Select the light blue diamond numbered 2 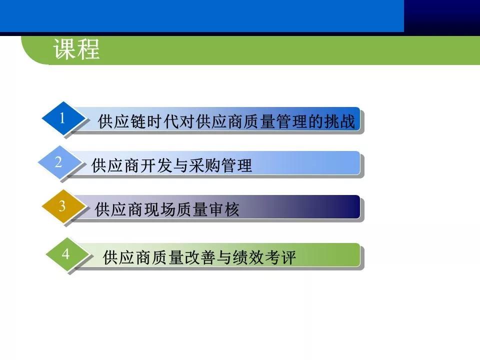[x=58, y=162]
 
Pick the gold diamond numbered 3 [x=62, y=206]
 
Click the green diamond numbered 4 [x=65, y=254]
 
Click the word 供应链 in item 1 [x=122, y=122]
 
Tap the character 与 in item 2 [x=180, y=165]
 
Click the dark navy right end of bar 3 [x=347, y=206]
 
